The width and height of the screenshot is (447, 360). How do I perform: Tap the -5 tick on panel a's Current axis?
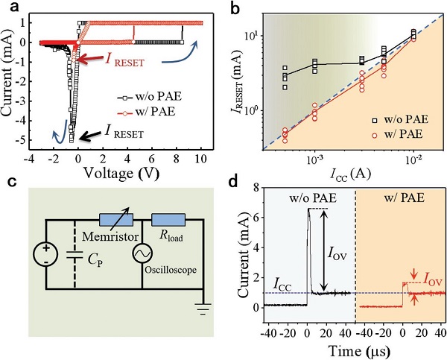pos(28,139)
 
